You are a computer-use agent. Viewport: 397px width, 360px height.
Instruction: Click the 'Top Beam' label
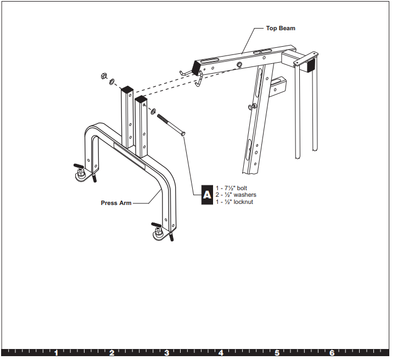(281, 28)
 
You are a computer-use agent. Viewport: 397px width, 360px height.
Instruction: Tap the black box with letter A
(207, 195)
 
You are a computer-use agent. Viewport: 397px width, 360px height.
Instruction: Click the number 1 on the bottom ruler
(56, 353)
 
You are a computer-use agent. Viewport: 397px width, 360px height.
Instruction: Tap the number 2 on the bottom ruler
(111, 353)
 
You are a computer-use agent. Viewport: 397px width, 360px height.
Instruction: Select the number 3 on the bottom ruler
(166, 353)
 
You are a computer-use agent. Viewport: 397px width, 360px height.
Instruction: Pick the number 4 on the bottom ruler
(221, 353)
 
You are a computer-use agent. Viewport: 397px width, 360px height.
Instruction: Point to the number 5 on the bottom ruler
(277, 353)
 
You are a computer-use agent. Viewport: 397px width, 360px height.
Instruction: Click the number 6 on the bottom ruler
(332, 353)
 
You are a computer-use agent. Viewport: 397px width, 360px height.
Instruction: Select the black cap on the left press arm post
(127, 88)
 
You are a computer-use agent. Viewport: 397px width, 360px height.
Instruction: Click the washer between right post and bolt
(152, 110)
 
